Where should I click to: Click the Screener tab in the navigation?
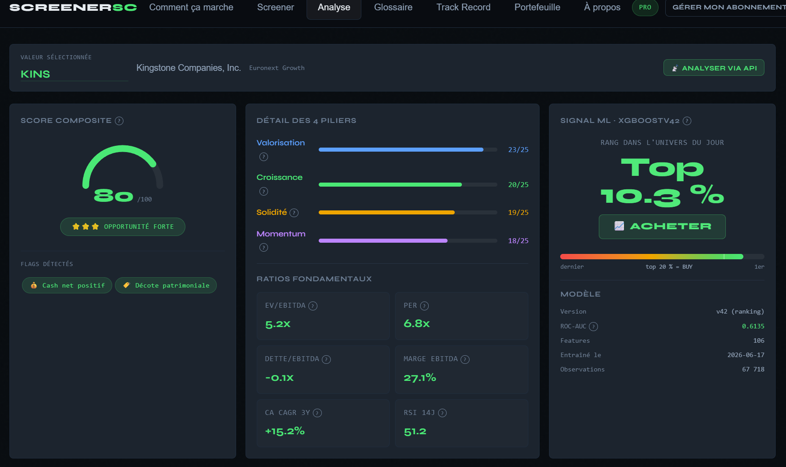point(275,7)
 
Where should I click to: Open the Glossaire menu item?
point(393,7)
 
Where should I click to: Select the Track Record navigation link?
point(463,7)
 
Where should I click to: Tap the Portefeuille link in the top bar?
point(537,7)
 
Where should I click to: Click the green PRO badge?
point(645,7)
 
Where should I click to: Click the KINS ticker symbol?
point(35,74)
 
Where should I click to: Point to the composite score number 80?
point(114,196)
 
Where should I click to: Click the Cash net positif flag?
point(67,285)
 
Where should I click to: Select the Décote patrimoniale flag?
point(166,285)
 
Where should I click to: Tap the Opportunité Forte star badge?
point(123,227)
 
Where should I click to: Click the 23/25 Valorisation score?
point(518,149)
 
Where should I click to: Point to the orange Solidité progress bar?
point(386,212)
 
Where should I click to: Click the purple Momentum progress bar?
point(383,240)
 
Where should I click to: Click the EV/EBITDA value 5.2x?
point(278,324)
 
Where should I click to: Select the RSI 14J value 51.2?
point(415,432)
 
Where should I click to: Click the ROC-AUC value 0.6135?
point(753,326)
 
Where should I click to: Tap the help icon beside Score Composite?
point(119,121)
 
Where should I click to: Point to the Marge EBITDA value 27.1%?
point(420,378)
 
